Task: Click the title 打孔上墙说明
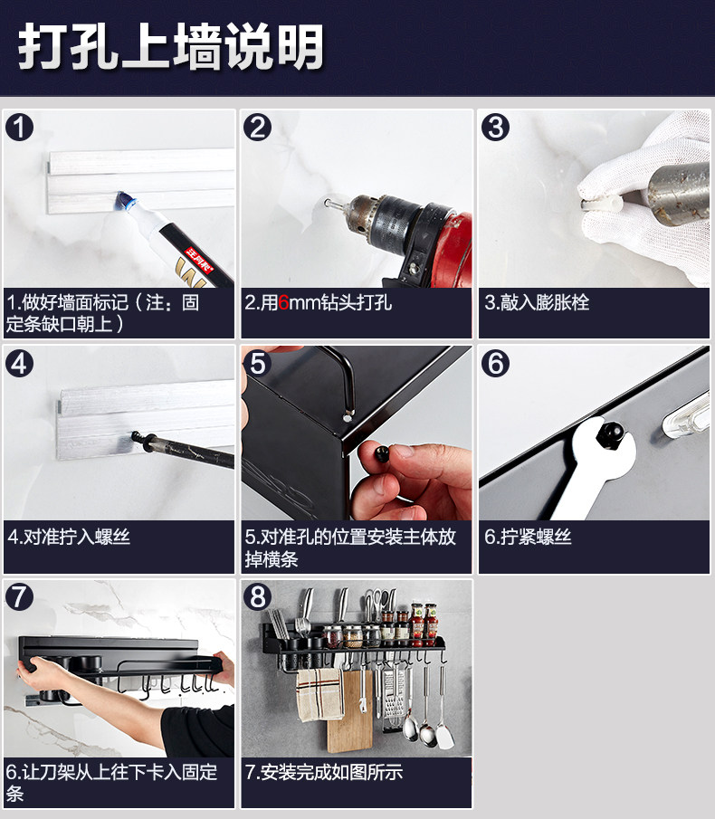171,46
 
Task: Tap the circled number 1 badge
19,128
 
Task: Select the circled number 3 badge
495,128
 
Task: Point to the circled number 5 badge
257,363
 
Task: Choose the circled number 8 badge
257,597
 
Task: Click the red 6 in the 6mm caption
283,303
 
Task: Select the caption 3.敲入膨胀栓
537,303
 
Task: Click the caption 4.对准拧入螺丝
69,537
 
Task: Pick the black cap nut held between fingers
383,452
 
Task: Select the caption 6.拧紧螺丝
528,537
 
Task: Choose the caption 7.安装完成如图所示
324,772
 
